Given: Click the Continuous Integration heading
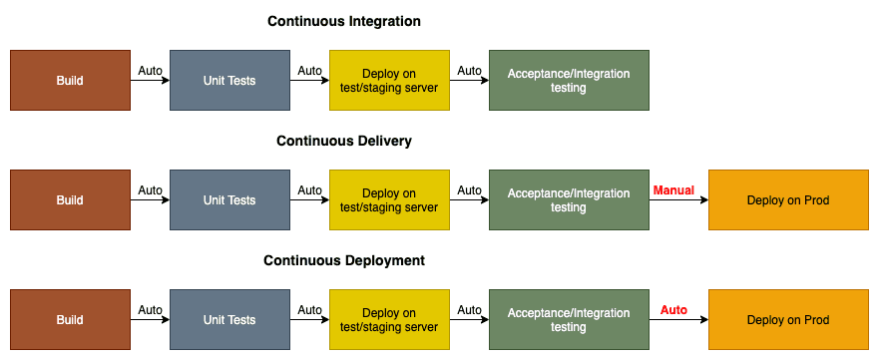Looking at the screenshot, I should point(343,21).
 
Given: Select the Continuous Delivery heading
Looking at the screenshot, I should point(343,141).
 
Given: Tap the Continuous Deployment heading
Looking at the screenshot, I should point(343,260).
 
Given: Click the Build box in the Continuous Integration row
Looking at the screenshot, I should point(70,80).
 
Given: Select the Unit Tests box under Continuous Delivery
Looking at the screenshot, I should point(229,199).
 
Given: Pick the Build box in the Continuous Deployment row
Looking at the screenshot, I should point(70,319).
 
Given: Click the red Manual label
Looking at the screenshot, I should point(673,190).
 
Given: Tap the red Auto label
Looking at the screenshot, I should point(673,310).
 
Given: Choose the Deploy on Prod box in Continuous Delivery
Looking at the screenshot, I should point(788,199).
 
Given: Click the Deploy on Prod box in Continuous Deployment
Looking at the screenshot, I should point(788,319).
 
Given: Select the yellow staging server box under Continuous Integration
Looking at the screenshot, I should point(389,80).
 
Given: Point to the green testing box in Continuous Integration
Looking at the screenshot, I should point(569,80).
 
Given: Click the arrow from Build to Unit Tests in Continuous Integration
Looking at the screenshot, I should point(150,81).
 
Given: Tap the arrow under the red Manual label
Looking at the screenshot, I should point(678,200).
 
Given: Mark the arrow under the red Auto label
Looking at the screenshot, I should point(678,320).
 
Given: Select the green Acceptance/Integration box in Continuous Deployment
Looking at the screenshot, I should point(569,319).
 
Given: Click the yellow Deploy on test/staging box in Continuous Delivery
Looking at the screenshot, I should point(389,199).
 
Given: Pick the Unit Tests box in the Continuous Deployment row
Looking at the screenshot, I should point(229,319).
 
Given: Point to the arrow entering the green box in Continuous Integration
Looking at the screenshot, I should point(469,81).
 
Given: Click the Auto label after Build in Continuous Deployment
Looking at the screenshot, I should point(150,310).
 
